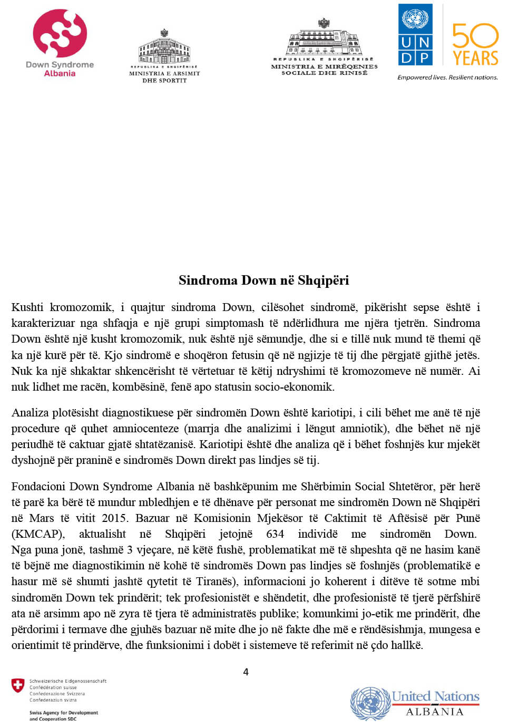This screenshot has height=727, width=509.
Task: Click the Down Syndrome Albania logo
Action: click(60, 42)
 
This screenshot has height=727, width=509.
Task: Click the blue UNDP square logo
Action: click(415, 35)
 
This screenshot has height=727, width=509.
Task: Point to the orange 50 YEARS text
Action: click(475, 45)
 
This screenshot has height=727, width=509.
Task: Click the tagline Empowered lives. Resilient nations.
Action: click(447, 77)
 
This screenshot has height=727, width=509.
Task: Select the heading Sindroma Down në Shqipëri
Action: click(263, 280)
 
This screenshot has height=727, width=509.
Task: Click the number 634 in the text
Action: click(275, 534)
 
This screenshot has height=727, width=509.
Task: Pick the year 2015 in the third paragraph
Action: click(114, 518)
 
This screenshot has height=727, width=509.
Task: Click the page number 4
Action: click(246, 672)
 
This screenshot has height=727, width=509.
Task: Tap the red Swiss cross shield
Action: click(18, 686)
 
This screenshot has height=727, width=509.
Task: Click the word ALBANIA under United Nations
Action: click(435, 712)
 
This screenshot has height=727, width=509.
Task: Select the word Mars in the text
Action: click(42, 518)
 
